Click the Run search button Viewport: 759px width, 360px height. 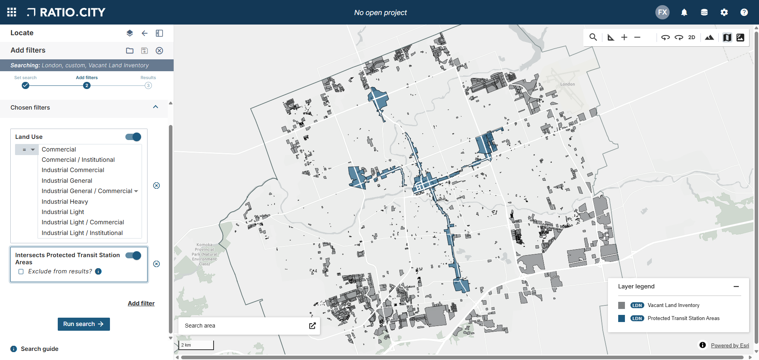pyautogui.click(x=83, y=324)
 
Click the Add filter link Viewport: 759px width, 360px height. pyautogui.click(x=141, y=303)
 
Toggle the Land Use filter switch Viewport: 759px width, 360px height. pyautogui.click(x=133, y=137)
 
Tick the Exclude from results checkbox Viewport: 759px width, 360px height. pyautogui.click(x=21, y=272)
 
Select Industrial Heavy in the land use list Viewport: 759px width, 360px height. pyautogui.click(x=65, y=202)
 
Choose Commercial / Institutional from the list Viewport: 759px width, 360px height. pyautogui.click(x=78, y=160)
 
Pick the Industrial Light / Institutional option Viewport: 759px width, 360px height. pyautogui.click(x=82, y=233)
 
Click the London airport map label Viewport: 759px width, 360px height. pyautogui.click(x=568, y=84)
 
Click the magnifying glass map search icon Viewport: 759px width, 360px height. pyautogui.click(x=593, y=37)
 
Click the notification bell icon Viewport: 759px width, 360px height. pyautogui.click(x=684, y=12)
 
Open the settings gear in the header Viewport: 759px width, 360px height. pyautogui.click(x=724, y=12)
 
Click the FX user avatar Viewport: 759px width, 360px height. pyautogui.click(x=662, y=12)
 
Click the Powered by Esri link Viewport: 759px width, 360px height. pyautogui.click(x=730, y=345)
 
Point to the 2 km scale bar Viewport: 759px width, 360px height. pyautogui.click(x=196, y=345)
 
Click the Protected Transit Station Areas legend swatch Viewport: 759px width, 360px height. pyautogui.click(x=622, y=318)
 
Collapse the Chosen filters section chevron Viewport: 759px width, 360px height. pyautogui.click(x=155, y=107)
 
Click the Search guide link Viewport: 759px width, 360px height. pyautogui.click(x=40, y=349)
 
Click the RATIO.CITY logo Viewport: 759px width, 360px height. pyautogui.click(x=66, y=12)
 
